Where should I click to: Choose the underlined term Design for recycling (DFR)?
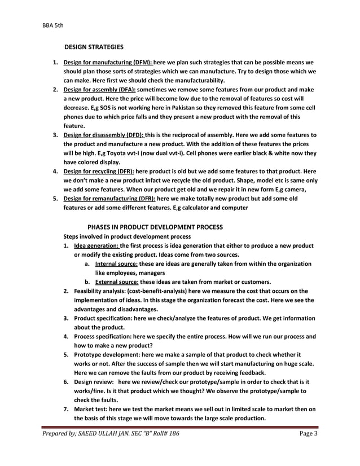tap(99, 172)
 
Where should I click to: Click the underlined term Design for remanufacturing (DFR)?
tap(109, 199)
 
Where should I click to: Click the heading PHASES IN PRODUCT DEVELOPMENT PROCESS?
tap(155, 227)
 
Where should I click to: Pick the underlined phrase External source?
tap(117, 282)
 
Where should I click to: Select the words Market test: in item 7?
tap(91, 409)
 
